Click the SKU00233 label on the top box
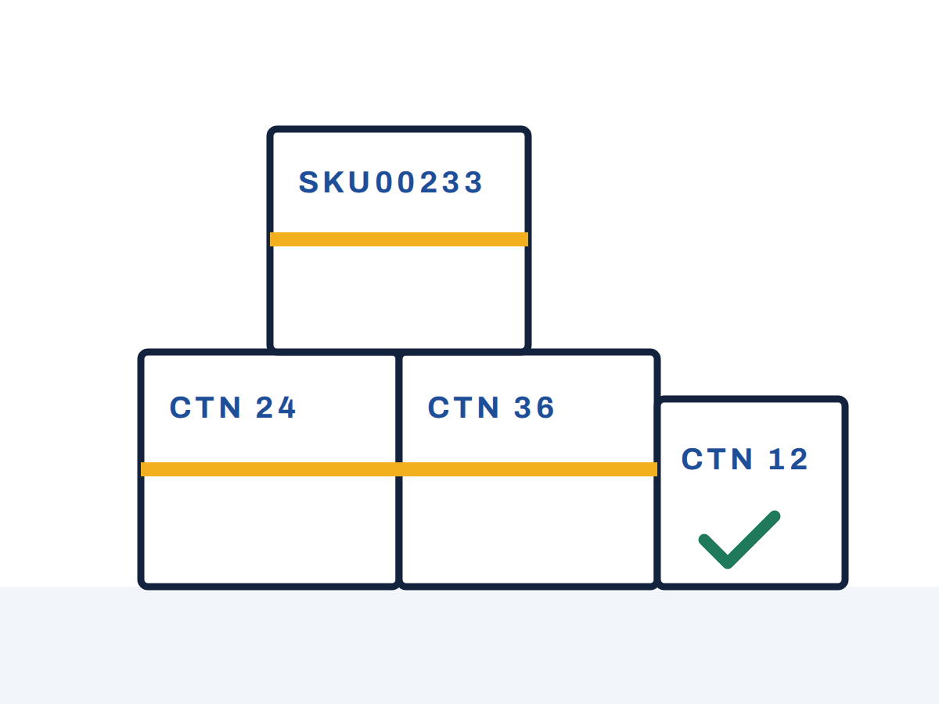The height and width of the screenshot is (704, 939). (390, 182)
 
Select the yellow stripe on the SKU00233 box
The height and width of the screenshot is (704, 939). (399, 239)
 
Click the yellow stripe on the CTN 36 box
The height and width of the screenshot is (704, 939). (528, 469)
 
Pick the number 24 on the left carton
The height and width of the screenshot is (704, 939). (275, 408)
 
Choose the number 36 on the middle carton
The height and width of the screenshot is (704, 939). (534, 408)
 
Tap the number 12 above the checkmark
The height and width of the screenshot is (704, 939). (788, 459)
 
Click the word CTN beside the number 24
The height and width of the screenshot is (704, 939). (205, 408)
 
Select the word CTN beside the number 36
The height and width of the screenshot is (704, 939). (464, 408)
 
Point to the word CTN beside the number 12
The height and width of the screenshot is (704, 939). (717, 459)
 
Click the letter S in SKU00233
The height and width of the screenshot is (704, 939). (308, 182)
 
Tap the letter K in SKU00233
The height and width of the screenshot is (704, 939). (333, 182)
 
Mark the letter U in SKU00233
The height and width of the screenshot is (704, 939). (359, 182)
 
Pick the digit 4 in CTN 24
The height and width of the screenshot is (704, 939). (286, 408)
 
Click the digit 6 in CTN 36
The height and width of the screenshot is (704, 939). (545, 408)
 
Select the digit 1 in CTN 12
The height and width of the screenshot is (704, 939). (776, 459)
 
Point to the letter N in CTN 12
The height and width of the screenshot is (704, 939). (741, 459)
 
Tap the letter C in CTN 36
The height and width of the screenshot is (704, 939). (438, 408)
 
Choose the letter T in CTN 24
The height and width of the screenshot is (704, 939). (205, 408)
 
